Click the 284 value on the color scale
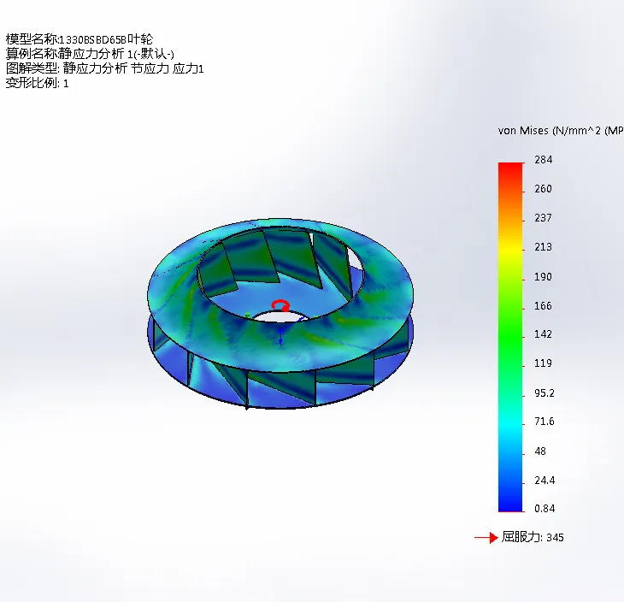point(543,160)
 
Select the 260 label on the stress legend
point(543,189)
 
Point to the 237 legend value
point(543,218)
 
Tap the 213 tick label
point(543,247)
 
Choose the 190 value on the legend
point(543,277)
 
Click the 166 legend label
point(543,306)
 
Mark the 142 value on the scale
point(543,334)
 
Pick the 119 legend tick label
point(543,363)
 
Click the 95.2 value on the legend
point(545,393)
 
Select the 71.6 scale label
point(545,422)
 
